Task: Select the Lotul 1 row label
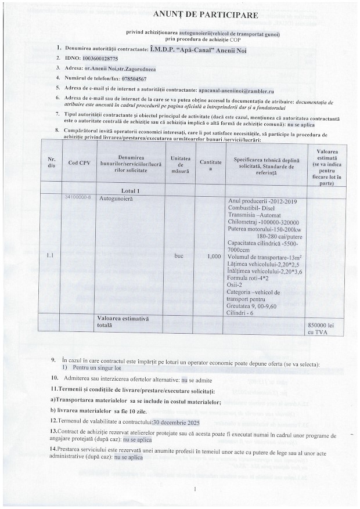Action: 131,190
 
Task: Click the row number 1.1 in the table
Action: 50,255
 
